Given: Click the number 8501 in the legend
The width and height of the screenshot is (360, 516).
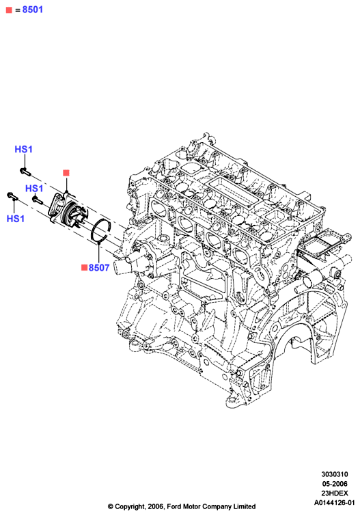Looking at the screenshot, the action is pyautogui.click(x=33, y=10).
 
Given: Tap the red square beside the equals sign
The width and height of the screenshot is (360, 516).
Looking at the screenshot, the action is pyautogui.click(x=9, y=10).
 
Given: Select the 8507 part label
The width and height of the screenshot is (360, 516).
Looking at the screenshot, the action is pyautogui.click(x=99, y=267).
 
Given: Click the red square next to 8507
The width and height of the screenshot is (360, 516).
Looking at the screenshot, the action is pyautogui.click(x=84, y=267).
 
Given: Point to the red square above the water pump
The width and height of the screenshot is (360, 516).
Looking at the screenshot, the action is pyautogui.click(x=66, y=173).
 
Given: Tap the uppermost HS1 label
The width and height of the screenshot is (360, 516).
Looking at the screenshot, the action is pyautogui.click(x=24, y=150).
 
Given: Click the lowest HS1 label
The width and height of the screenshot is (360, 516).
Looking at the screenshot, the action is pyautogui.click(x=16, y=219).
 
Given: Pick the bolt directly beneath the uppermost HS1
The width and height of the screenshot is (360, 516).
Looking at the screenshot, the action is pyautogui.click(x=25, y=171).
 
